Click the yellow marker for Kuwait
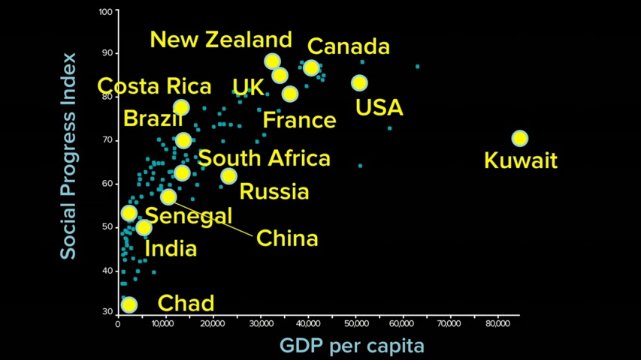coord(519,139)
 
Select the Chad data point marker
coord(129,304)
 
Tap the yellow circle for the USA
coord(359,82)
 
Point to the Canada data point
coord(311,68)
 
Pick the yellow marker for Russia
coord(228,176)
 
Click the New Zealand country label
coord(221,40)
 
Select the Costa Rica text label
coord(155,85)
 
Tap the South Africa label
coord(264,158)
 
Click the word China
coord(287,238)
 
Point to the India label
coord(171,249)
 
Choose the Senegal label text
coord(189,216)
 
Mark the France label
coord(299,120)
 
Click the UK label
coord(248,86)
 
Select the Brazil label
coord(153,118)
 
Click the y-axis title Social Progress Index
coord(68,156)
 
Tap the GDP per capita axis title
coord(352,346)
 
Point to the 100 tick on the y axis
coord(104,12)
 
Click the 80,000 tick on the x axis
coord(497,324)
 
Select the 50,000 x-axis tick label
coord(355,324)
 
